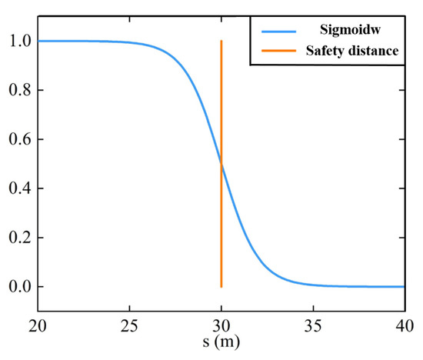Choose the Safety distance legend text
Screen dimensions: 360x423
(352, 53)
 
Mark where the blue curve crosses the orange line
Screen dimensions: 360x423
(221, 164)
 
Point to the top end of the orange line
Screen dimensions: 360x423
(221, 42)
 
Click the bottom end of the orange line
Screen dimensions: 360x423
(221, 286)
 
